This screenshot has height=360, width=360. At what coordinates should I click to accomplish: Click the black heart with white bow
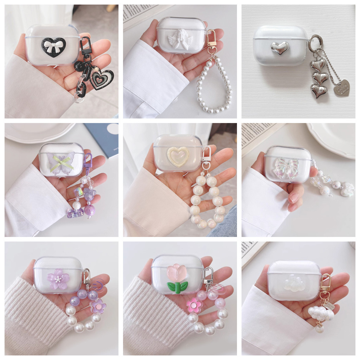pyautogui.click(x=53, y=47)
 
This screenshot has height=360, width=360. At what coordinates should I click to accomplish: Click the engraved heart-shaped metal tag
pyautogui.click(x=341, y=88)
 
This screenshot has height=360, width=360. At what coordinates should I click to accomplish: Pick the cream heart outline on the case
pyautogui.click(x=178, y=156)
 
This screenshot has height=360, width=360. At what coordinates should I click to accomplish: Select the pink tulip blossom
pyautogui.click(x=176, y=273)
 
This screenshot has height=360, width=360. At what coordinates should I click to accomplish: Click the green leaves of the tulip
pyautogui.click(x=178, y=287)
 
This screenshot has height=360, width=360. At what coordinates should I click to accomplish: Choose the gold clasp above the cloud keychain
pyautogui.click(x=326, y=283)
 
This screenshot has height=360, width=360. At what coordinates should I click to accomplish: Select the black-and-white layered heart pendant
pyautogui.click(x=101, y=78)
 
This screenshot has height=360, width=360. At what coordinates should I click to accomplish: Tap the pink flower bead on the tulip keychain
pyautogui.click(x=194, y=305)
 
